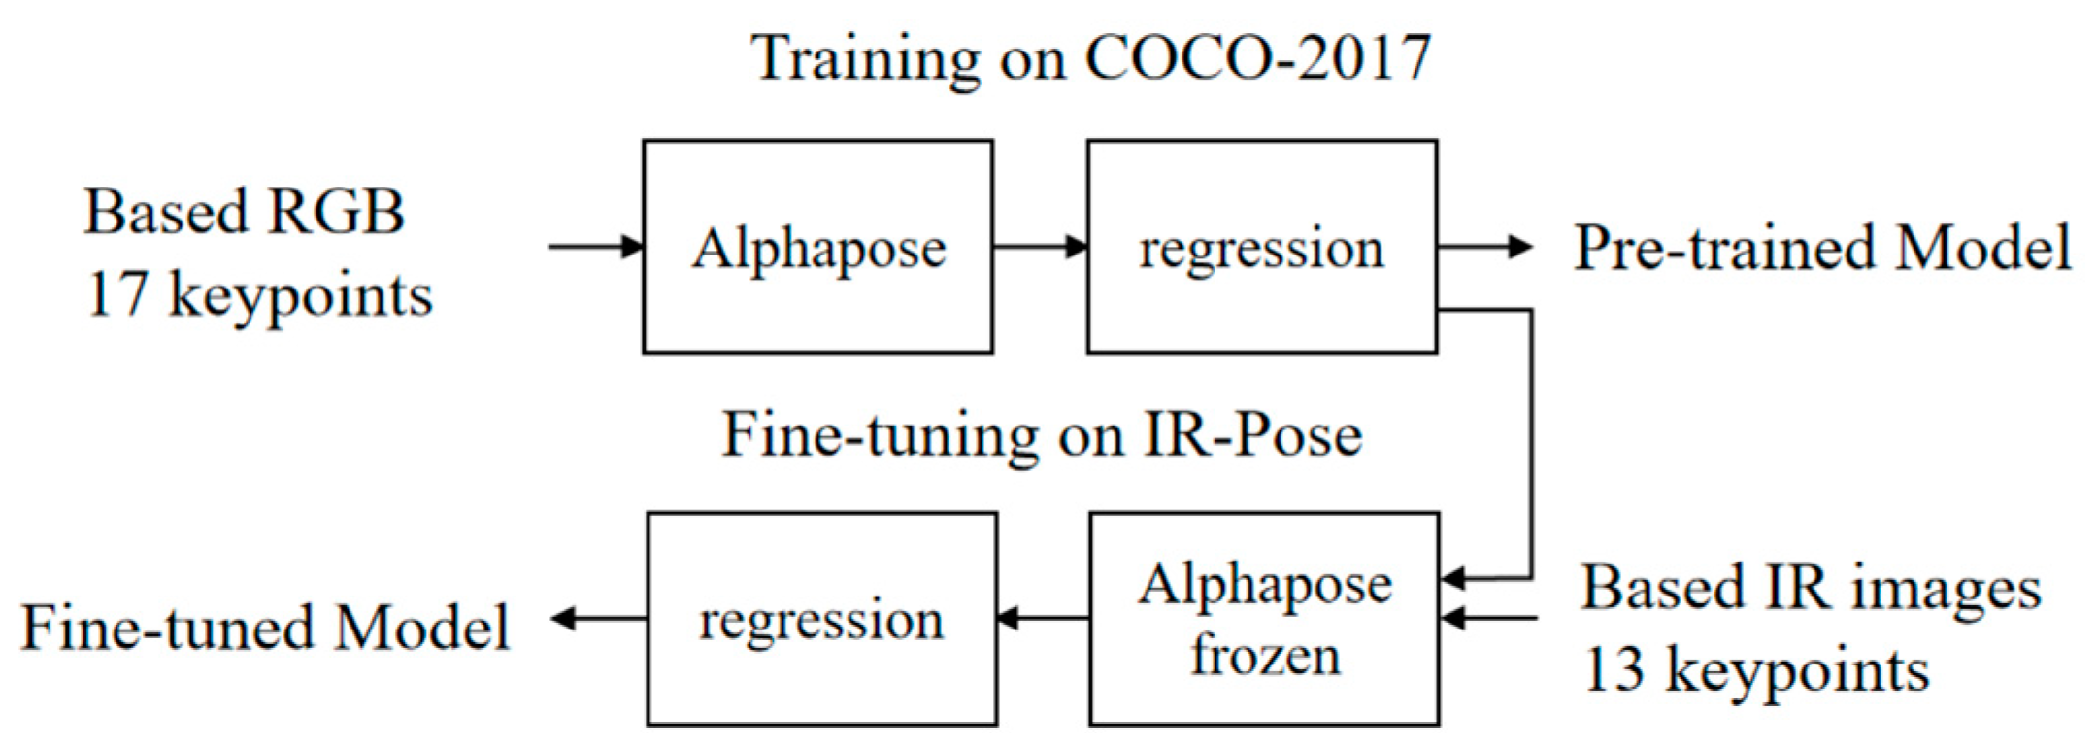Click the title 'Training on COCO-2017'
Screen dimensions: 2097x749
pyautogui.click(x=1090, y=58)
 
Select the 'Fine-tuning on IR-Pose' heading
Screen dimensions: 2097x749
pyautogui.click(x=1042, y=434)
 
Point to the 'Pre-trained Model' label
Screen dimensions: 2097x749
pyautogui.click(x=1822, y=248)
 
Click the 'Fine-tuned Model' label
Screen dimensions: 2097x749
pyautogui.click(x=265, y=628)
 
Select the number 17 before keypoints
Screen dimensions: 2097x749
pyautogui.click(x=117, y=294)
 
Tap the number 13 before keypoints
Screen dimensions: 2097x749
pyautogui.click(x=1614, y=670)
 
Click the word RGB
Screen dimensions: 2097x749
pyautogui.click(x=336, y=211)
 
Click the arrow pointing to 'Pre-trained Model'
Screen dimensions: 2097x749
pyautogui.click(x=1485, y=247)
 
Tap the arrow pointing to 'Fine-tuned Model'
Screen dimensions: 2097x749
pyautogui.click(x=599, y=619)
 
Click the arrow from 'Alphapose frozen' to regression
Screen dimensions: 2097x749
pyautogui.click(x=1044, y=619)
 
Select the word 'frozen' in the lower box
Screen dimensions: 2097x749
pyautogui.click(x=1266, y=655)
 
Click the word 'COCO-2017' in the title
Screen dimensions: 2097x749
pyautogui.click(x=1257, y=57)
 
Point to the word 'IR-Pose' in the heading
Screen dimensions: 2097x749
pyautogui.click(x=1252, y=434)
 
